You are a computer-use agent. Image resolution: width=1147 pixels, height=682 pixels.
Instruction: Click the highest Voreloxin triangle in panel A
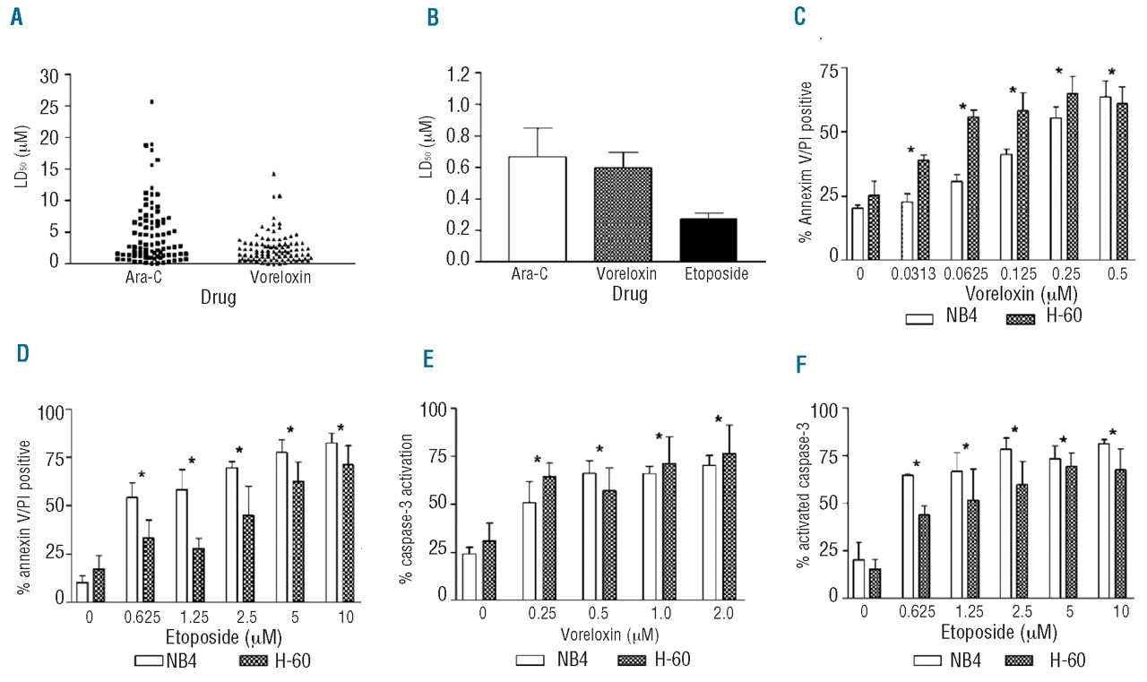273,174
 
